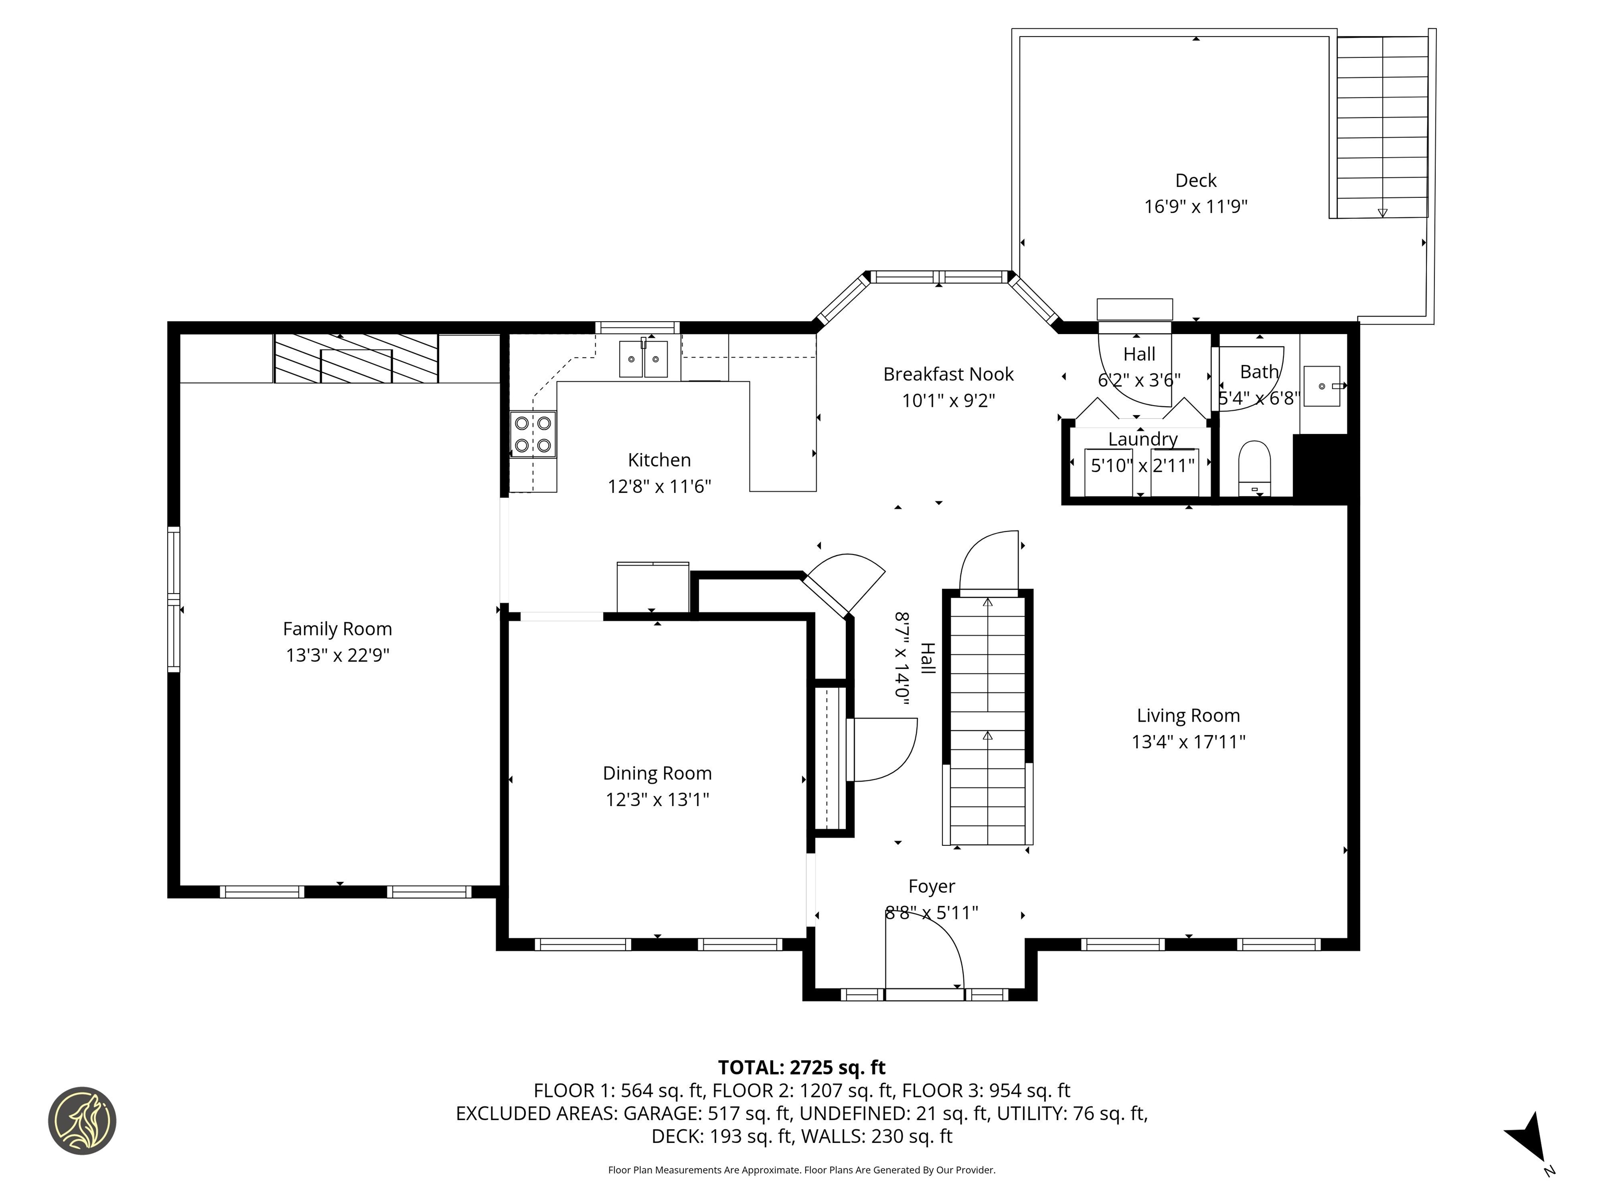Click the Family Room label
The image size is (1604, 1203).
coord(337,629)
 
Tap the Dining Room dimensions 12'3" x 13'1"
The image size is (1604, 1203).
coord(657,799)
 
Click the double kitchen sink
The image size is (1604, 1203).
coord(643,359)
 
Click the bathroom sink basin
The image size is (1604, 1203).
coord(1321,386)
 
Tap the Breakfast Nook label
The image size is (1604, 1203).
coord(948,374)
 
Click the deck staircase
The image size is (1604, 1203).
coord(1382,127)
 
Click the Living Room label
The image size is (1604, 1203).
coord(1188,716)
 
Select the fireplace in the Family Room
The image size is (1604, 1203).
coord(356,359)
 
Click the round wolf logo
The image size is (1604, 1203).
coord(82,1121)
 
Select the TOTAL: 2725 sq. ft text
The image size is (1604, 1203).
coord(801,1067)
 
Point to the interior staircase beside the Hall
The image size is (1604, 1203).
coord(987,718)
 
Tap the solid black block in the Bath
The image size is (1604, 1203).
coord(1320,468)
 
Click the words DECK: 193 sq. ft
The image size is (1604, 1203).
coord(722,1136)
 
